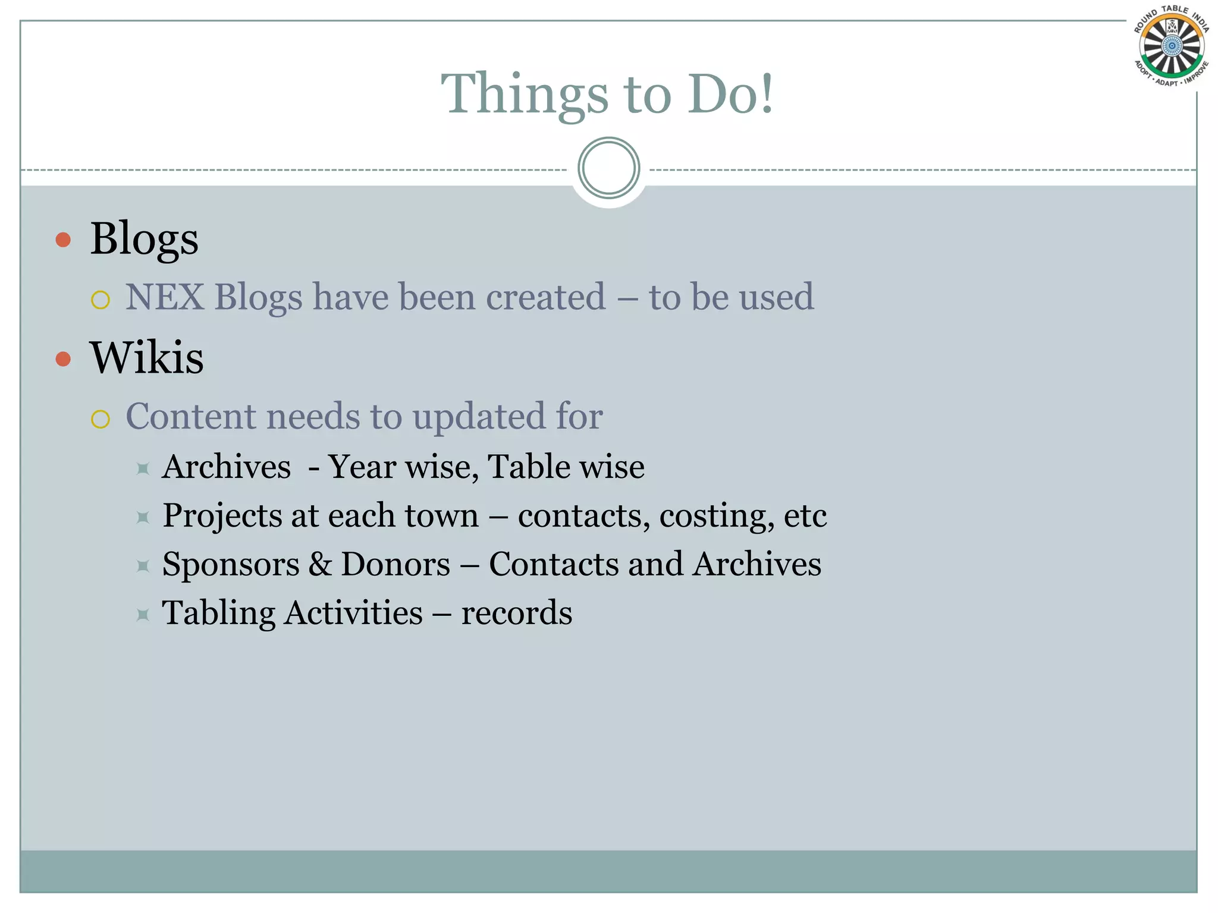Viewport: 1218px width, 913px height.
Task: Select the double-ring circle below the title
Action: pos(608,168)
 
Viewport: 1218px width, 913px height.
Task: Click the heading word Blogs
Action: pos(144,239)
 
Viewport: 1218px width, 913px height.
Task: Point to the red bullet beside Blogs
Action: pos(63,240)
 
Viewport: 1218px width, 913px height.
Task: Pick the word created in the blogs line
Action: pos(545,297)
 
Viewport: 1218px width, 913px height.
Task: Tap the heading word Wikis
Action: pos(146,358)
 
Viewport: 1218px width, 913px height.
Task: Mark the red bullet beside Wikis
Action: pos(63,359)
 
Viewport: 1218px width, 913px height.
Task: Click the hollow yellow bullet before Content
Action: pos(101,419)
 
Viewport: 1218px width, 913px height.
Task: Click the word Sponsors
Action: pos(231,565)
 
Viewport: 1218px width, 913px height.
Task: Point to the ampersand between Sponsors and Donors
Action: pos(320,564)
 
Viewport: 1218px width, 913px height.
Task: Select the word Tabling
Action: pos(218,613)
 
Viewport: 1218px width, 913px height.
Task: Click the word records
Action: pos(516,613)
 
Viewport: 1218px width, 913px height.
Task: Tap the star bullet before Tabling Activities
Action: pos(143,615)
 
